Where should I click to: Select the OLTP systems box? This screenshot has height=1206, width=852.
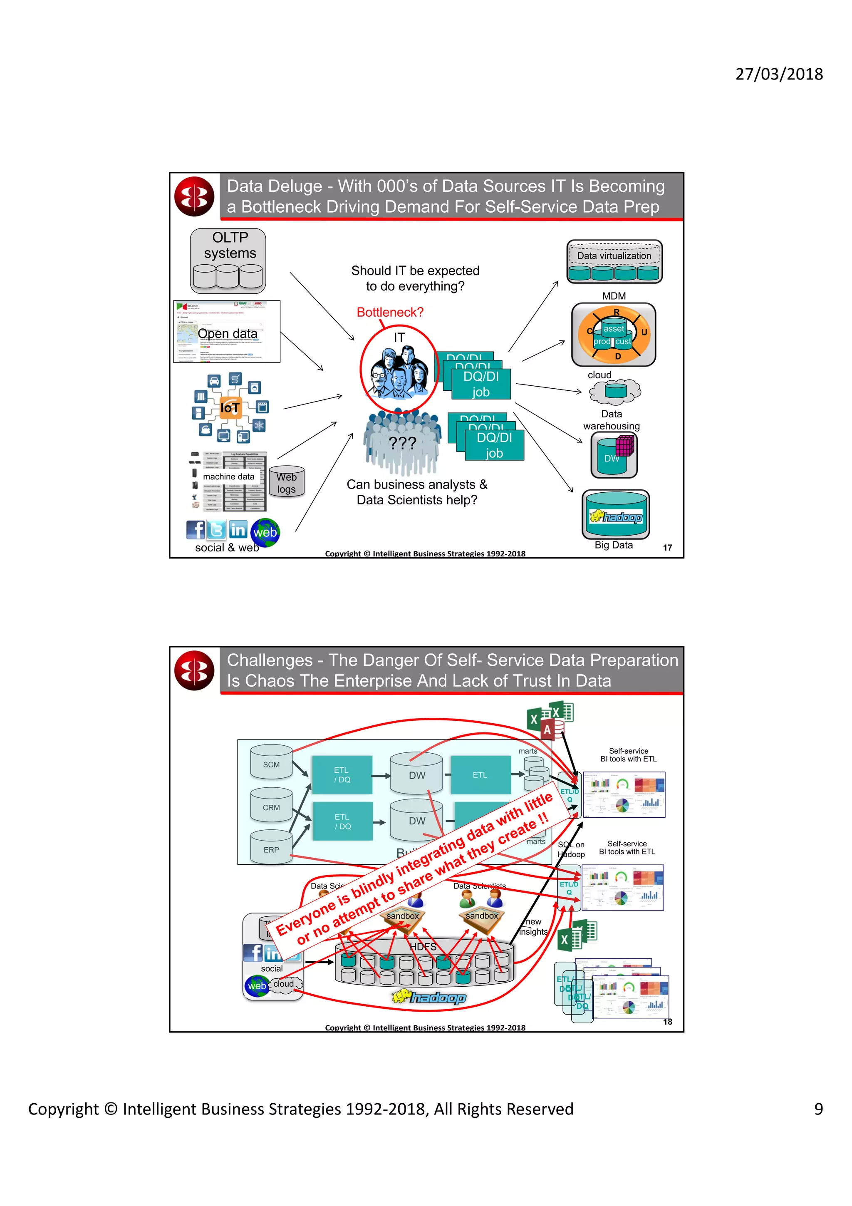[228, 261]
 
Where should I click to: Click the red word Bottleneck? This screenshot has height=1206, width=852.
[389, 312]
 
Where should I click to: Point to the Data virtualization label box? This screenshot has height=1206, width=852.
[614, 256]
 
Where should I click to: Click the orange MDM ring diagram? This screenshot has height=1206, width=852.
[614, 335]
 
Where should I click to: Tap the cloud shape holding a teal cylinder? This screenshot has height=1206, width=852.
[615, 391]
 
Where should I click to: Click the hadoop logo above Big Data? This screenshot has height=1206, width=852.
[616, 517]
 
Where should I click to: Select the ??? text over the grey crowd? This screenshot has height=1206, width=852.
[402, 443]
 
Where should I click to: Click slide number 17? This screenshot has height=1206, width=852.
[667, 547]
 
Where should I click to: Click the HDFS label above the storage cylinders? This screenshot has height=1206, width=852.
[423, 946]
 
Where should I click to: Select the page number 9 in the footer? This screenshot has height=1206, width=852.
[818, 1108]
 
